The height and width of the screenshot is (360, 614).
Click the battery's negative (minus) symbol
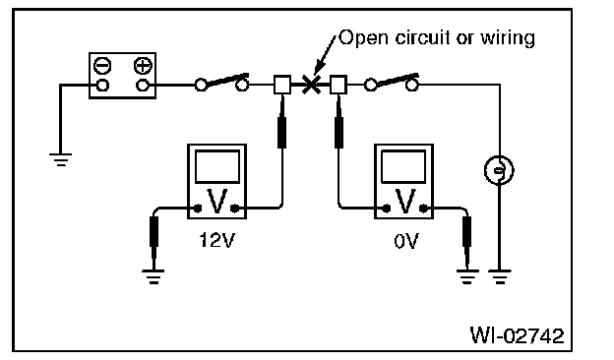tap(102, 66)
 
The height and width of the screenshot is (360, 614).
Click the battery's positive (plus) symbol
tap(143, 66)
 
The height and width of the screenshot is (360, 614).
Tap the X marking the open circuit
tap(311, 85)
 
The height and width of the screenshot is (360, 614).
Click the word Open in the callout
tap(364, 38)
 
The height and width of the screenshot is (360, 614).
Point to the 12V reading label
tap(216, 240)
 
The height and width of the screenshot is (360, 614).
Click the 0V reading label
tap(406, 241)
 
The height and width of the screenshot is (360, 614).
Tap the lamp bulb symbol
tap(499, 170)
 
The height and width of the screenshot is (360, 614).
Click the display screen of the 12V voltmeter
tap(217, 166)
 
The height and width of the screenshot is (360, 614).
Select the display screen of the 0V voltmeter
tap(403, 166)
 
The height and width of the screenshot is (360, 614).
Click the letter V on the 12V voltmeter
tap(216, 201)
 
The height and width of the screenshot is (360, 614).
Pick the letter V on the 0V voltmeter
tap(405, 201)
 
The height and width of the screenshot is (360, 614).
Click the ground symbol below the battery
tap(60, 159)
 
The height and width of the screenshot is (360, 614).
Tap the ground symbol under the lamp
tap(500, 276)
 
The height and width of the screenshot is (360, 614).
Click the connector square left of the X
tap(282, 85)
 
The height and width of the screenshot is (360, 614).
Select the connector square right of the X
tap(338, 85)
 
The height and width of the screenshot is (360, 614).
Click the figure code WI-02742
tap(517, 335)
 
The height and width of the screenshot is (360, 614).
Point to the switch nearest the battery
tap(221, 83)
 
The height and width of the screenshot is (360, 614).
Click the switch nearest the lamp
tap(392, 83)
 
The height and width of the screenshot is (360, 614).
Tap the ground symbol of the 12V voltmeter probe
tap(153, 276)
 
